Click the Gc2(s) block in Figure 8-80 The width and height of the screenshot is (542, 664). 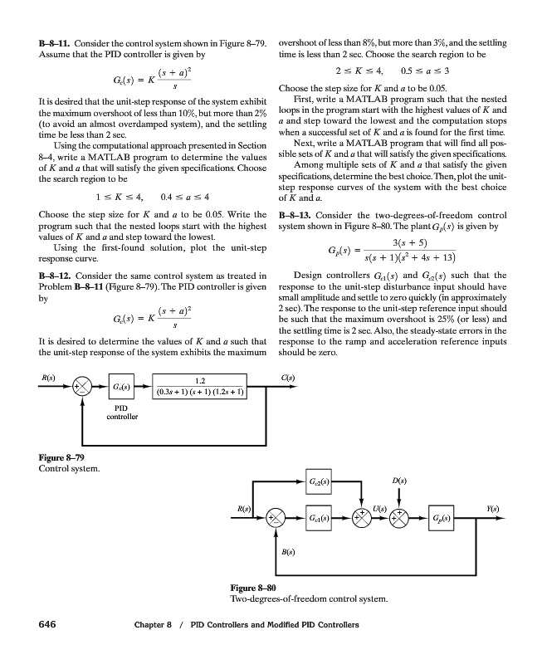coord(319,481)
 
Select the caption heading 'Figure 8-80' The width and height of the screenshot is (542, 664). coord(253,588)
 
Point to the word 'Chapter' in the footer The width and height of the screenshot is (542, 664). coord(150,625)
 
